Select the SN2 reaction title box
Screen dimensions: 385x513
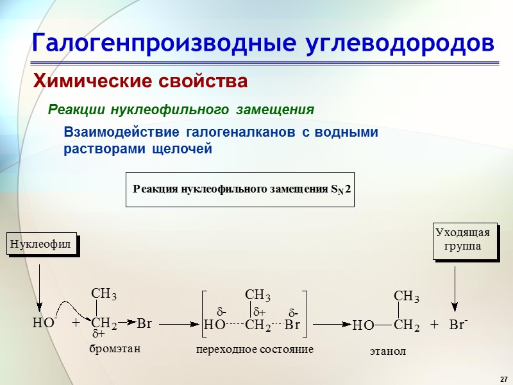[240, 189]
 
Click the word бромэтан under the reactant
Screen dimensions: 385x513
[114, 348]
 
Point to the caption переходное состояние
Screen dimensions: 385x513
[255, 350]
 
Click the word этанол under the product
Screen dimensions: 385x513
[388, 352]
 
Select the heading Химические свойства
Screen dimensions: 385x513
[140, 81]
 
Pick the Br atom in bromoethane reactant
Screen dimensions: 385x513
[144, 323]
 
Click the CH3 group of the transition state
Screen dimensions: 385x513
[258, 295]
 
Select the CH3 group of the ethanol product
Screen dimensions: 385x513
[406, 296]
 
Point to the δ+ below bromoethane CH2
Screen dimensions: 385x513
[99, 335]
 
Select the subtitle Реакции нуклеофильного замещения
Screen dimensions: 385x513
[181, 110]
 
